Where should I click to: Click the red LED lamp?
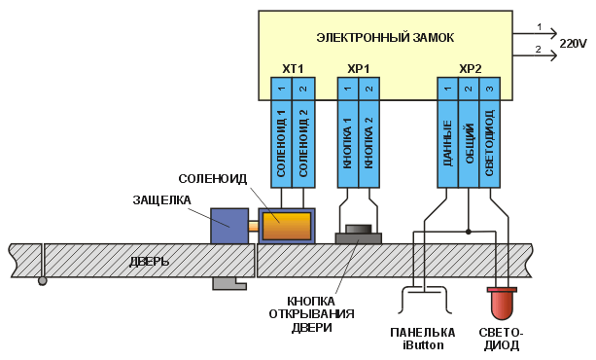[x=502, y=304]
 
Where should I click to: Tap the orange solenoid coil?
[x=287, y=226]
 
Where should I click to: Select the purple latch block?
[x=229, y=226]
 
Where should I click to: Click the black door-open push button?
[x=359, y=229]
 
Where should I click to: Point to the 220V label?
[x=573, y=44]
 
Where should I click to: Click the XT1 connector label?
[x=293, y=69]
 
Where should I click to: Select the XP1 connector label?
[x=359, y=69]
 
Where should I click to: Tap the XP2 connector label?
[x=471, y=69]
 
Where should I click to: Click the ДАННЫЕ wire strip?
[x=447, y=132]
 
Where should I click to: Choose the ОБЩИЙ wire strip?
[x=469, y=132]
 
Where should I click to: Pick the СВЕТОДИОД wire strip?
[x=490, y=132]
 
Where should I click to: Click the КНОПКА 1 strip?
[x=348, y=132]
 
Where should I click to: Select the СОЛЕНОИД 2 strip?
[x=303, y=132]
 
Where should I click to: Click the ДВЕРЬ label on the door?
[x=149, y=262]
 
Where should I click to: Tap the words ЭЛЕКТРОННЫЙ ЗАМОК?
[x=385, y=38]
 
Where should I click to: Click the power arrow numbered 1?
[x=535, y=34]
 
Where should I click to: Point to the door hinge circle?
[x=42, y=281]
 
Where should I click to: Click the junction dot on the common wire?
[x=469, y=232]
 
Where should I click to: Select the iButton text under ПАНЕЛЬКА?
[x=423, y=345]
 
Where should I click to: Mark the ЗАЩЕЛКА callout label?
[x=161, y=200]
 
